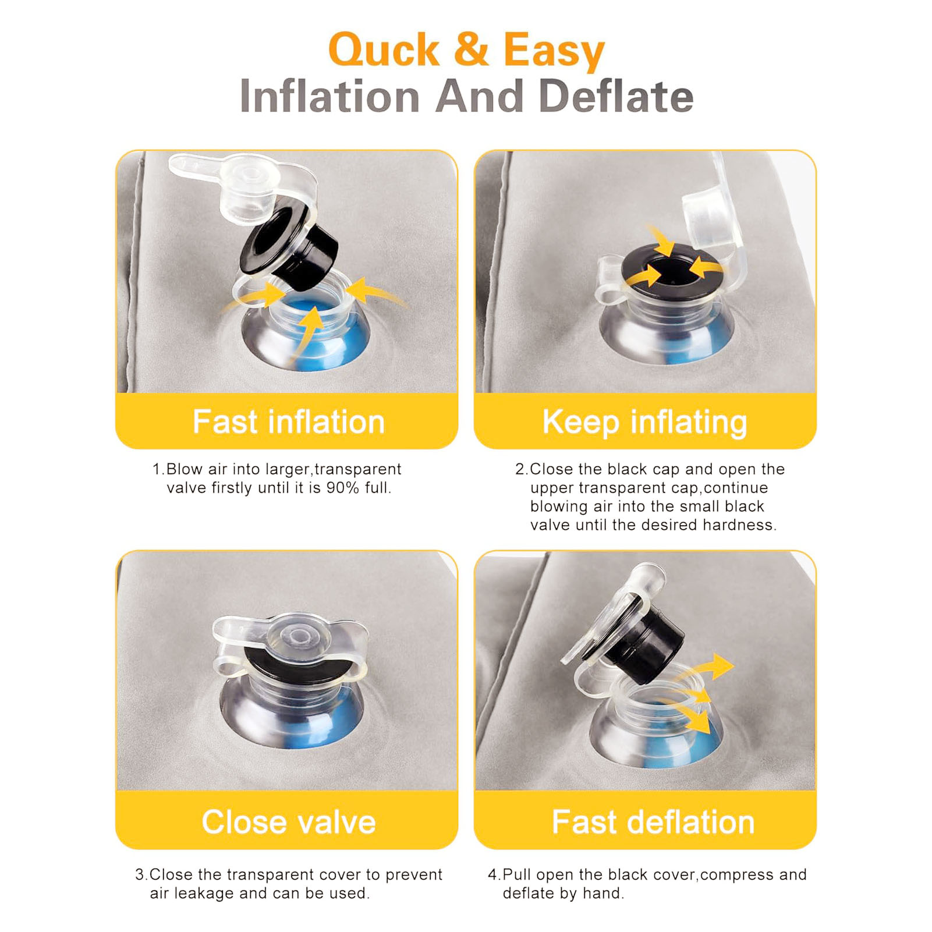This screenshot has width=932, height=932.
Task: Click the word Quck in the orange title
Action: click(384, 51)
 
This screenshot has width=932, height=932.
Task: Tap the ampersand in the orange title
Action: click(471, 49)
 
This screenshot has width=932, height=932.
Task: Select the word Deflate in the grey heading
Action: click(616, 96)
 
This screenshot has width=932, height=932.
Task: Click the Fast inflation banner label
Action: click(289, 421)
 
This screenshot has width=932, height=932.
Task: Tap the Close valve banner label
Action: click(289, 822)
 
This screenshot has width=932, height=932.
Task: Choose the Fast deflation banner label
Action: click(653, 822)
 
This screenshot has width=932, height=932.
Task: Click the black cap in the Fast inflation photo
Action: click(290, 244)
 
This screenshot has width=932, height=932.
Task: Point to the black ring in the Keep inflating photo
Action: click(672, 274)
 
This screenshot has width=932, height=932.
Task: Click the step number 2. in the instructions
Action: click(522, 469)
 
